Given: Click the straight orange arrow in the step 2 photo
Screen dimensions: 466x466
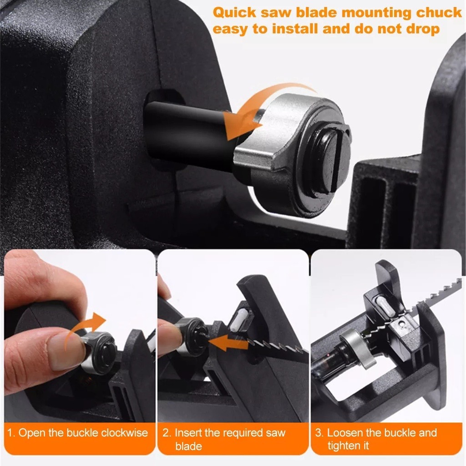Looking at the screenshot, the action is [x=228, y=342].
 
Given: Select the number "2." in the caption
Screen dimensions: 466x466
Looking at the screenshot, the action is [x=167, y=433].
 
